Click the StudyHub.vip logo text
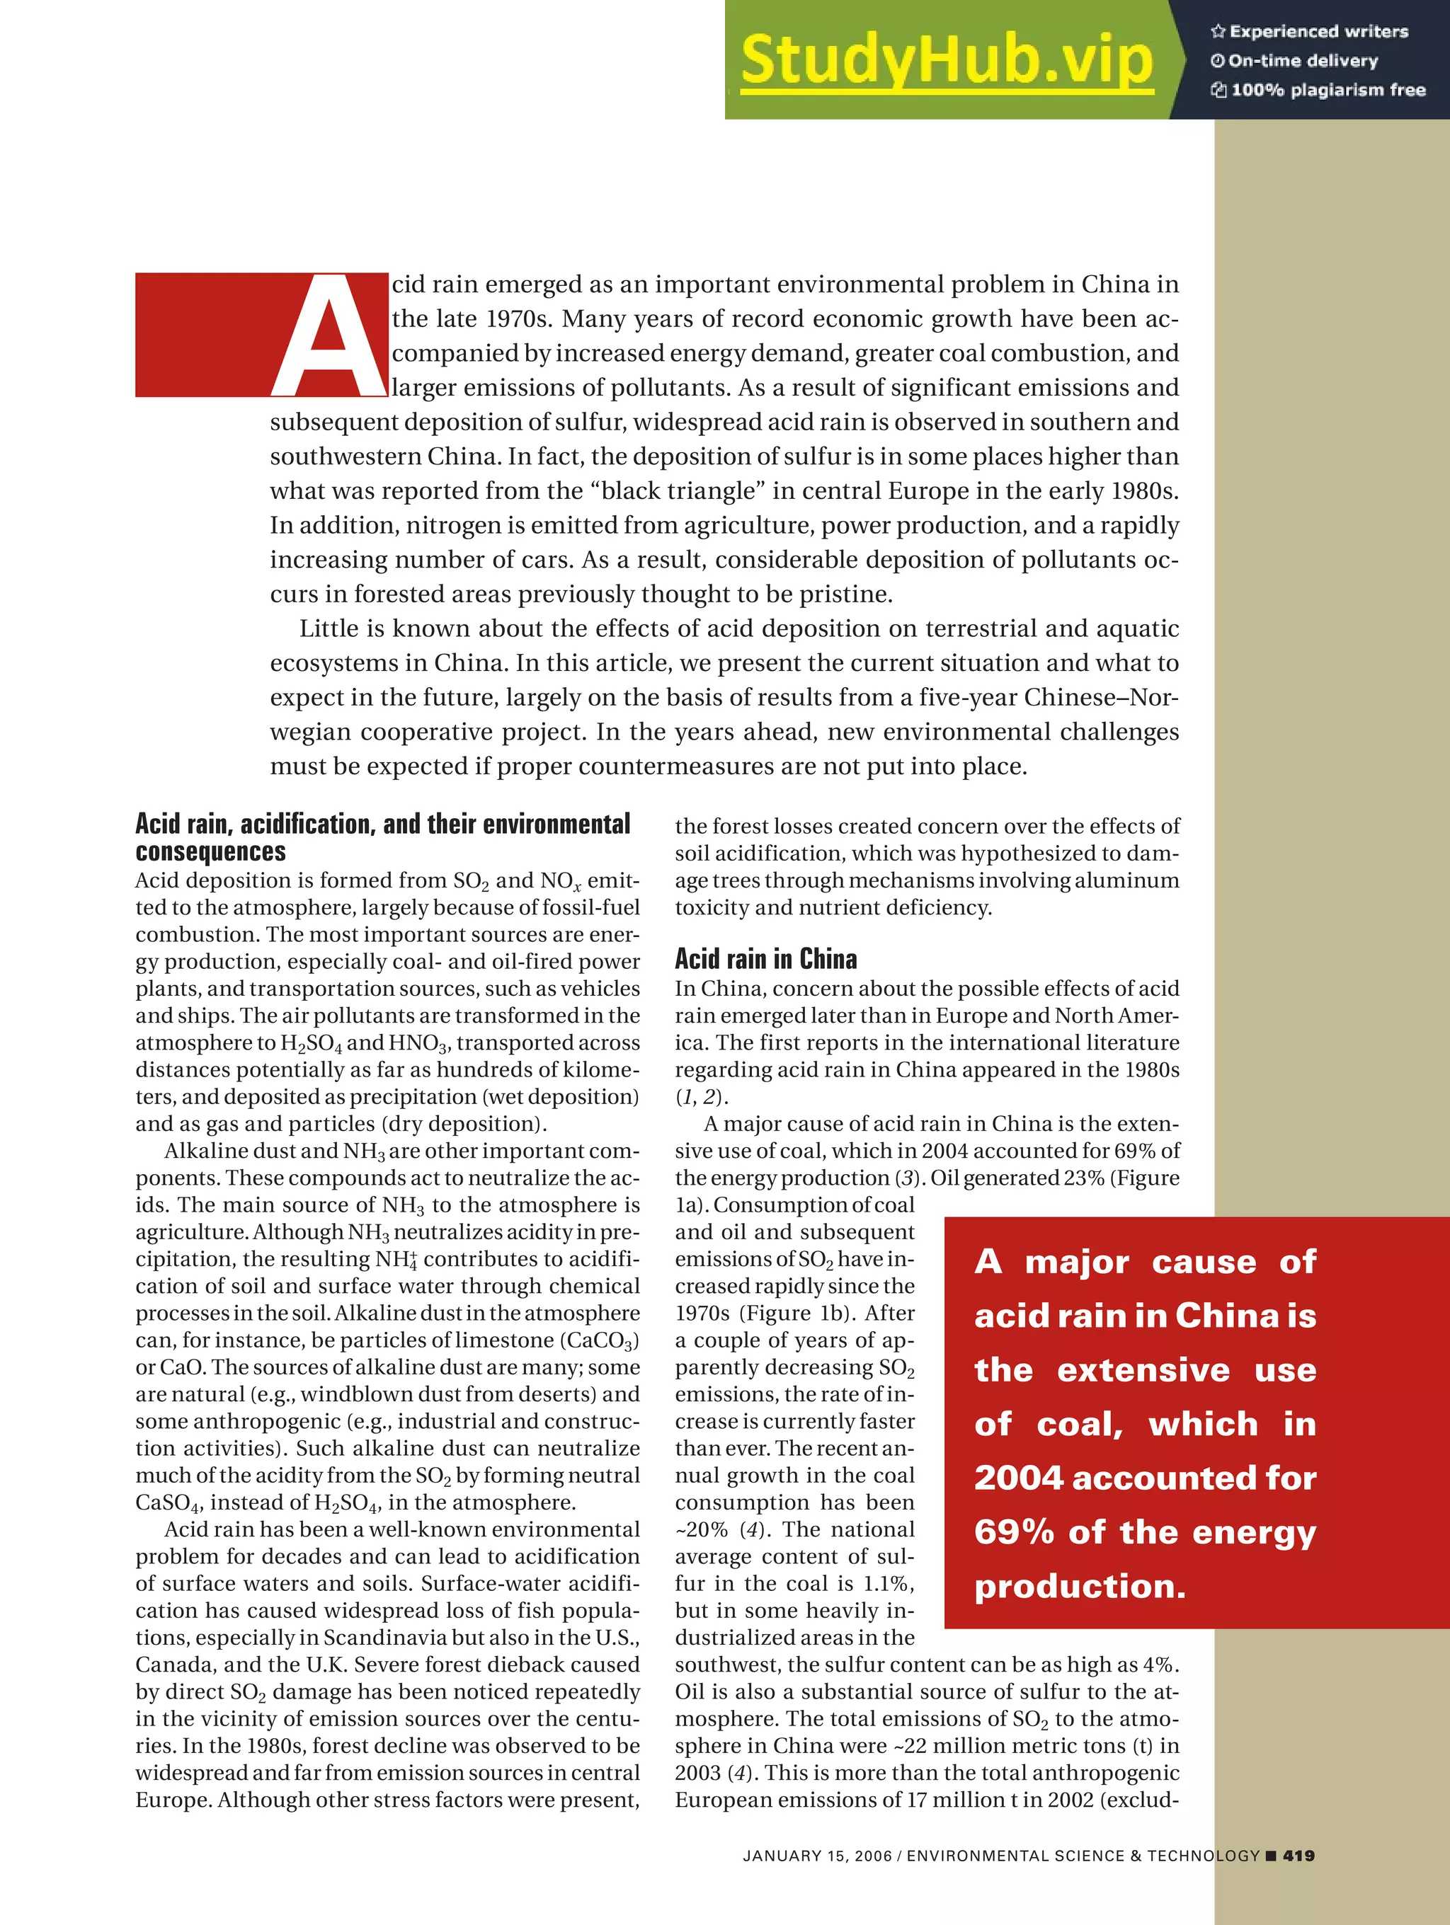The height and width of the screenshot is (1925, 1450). [x=946, y=59]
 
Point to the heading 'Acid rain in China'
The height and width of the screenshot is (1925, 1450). [x=765, y=958]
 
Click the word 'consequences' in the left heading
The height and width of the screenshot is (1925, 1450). [x=210, y=851]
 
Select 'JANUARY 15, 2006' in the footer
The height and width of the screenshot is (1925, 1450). [x=816, y=1856]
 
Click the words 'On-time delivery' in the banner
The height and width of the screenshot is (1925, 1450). [x=1303, y=61]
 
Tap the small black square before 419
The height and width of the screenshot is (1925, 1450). [x=1271, y=1856]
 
